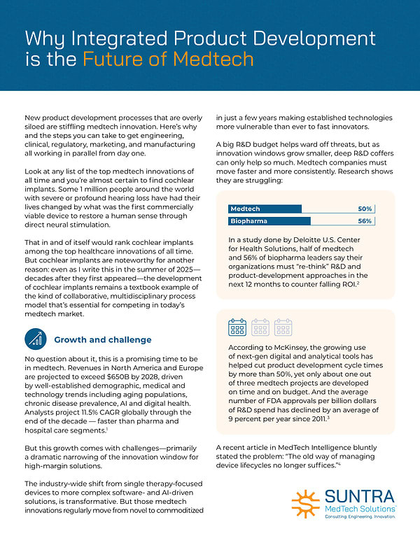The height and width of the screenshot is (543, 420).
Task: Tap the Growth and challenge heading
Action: pos(102,340)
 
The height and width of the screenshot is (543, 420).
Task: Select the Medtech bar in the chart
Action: pos(265,209)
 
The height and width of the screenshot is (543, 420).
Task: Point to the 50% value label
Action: pos(364,209)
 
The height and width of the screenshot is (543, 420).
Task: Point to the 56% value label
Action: pos(364,221)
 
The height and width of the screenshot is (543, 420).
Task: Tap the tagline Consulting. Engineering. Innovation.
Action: pos(358,517)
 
